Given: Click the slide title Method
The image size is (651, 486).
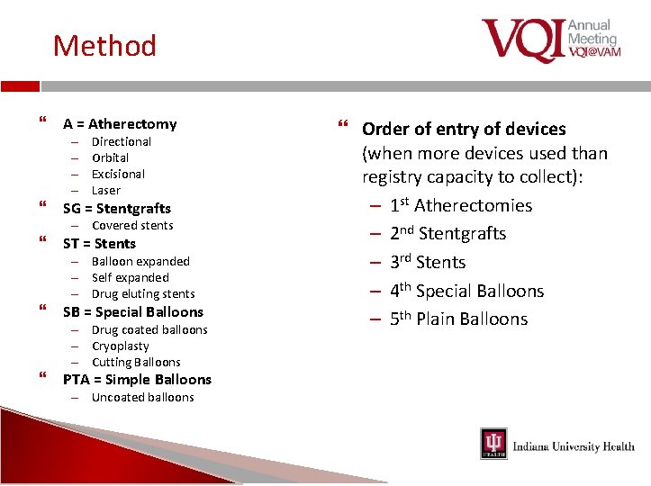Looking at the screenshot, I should click(x=104, y=45).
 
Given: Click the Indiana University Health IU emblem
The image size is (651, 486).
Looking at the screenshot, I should click(x=493, y=444).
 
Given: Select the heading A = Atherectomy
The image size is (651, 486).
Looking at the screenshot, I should click(x=120, y=124).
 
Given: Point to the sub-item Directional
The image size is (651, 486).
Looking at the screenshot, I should click(x=122, y=141).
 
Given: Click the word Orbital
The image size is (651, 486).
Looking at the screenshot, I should click(x=111, y=157).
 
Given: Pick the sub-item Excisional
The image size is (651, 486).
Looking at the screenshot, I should click(x=118, y=174).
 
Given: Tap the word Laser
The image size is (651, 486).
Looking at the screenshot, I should click(x=105, y=190).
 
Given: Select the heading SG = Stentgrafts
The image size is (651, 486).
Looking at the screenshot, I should click(x=116, y=209).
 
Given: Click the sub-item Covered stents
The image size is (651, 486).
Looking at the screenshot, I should click(x=132, y=225).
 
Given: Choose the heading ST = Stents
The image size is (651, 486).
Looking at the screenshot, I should click(x=99, y=244).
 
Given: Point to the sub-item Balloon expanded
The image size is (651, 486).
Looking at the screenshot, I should click(x=140, y=261).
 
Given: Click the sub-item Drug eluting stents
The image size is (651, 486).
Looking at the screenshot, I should click(x=143, y=293).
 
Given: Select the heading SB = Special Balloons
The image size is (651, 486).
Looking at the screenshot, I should click(x=132, y=312).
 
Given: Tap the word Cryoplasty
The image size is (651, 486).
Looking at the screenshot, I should click(x=121, y=346).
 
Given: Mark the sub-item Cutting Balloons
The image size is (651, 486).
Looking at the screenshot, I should click(x=136, y=362).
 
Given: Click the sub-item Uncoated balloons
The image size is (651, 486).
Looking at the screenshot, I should click(x=142, y=397).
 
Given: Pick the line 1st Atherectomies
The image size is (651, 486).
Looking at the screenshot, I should click(x=461, y=205).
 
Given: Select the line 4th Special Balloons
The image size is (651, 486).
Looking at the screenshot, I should click(x=466, y=291).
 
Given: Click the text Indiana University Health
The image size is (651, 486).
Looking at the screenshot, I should click(x=573, y=446).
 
